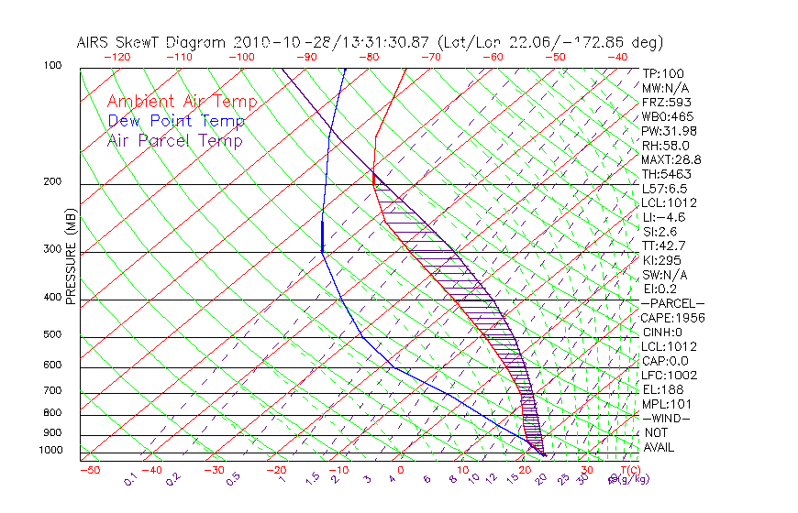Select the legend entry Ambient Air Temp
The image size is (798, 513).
point(182,103)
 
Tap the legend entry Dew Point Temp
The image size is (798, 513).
point(175,122)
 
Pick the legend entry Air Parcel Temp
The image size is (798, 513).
point(174,141)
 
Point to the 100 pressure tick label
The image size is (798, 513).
point(52,66)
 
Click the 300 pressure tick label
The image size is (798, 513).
point(52,249)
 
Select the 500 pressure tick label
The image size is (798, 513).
point(52,335)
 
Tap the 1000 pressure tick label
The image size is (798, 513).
point(50,451)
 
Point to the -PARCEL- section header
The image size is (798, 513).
point(672,303)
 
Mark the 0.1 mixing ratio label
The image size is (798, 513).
point(131,478)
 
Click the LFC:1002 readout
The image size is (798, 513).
point(669,376)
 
